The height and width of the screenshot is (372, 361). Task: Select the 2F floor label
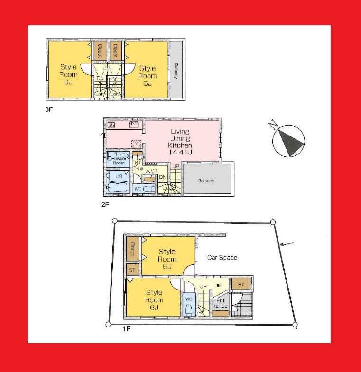[x=105, y=205]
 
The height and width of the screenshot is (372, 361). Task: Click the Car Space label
[x=222, y=257]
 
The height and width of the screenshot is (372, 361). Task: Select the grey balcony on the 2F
[x=207, y=180]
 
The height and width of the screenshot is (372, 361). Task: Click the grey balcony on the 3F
[x=176, y=71]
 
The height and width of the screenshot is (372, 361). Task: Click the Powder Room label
[x=118, y=160]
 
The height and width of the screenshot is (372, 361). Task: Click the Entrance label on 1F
[x=221, y=303]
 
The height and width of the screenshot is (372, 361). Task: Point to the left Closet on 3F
[x=100, y=51]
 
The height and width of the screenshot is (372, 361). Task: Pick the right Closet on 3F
[x=115, y=51]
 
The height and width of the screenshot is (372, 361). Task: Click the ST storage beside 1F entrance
[x=241, y=284]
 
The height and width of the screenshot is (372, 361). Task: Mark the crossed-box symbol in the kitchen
[x=137, y=144]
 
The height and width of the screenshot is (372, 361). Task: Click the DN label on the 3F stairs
[x=100, y=78]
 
